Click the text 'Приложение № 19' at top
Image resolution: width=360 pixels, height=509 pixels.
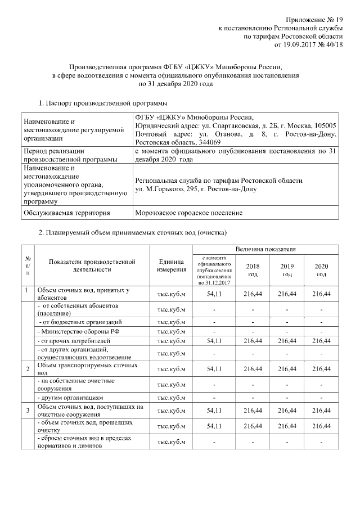click(x=310, y=20)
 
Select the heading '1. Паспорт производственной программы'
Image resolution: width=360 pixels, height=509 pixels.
click(x=102, y=103)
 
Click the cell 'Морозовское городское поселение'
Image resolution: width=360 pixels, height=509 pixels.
click(x=189, y=213)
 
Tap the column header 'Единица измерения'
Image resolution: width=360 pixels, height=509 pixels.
click(x=172, y=266)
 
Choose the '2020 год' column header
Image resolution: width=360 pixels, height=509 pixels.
click(x=321, y=270)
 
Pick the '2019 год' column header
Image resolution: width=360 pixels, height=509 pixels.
click(x=287, y=270)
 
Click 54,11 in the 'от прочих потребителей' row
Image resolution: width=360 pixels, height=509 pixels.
click(x=214, y=341)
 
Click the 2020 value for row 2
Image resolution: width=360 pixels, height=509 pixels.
click(x=321, y=368)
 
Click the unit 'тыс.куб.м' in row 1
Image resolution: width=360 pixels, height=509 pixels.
click(x=172, y=294)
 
